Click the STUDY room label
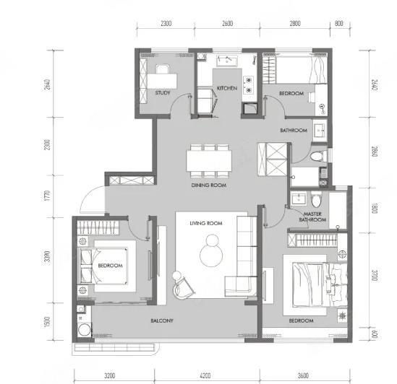point(163,93)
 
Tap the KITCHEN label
point(227,88)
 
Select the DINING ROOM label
point(209,185)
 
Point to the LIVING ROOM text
point(206,223)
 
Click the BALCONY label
point(162,320)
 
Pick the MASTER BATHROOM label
point(312,217)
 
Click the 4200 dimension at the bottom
point(205,375)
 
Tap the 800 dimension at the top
point(338,24)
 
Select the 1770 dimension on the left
point(47,196)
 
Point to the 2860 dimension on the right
point(375,152)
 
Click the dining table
point(209,161)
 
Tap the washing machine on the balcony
point(85,329)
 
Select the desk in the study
point(162,81)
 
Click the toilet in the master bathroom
point(316,199)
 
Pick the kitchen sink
point(227,61)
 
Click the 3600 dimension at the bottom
point(303,375)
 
